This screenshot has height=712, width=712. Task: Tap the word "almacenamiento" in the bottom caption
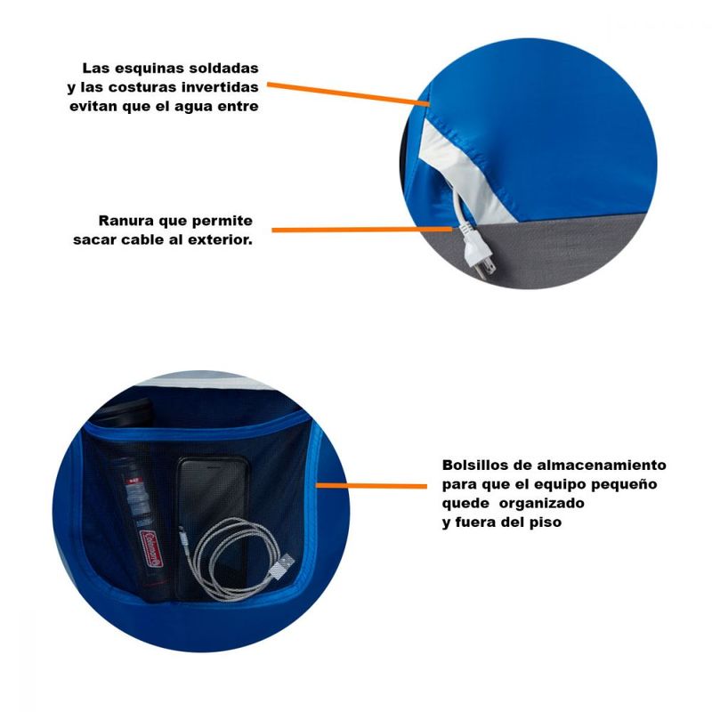pos(602,465)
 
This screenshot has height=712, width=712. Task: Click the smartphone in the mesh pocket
pos(213,527)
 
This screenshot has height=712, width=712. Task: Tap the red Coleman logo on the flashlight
pos(151,548)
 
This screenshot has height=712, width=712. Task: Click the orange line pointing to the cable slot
pos(362,230)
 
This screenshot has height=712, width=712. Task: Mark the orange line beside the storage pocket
pos(371,486)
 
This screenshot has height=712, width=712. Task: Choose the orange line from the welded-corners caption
pos(348,94)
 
